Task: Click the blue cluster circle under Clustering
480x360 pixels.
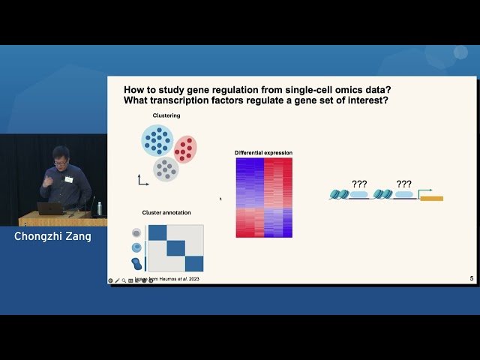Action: click(157, 140)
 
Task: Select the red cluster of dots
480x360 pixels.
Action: click(184, 148)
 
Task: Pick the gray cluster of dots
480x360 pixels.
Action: click(166, 169)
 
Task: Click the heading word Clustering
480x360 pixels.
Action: click(166, 115)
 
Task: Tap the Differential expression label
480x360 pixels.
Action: click(263, 153)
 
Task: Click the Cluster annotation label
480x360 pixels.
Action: click(164, 213)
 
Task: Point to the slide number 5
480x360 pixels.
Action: click(471, 279)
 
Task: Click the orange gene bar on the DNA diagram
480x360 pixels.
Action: click(431, 198)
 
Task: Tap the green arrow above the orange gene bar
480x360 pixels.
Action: click(424, 190)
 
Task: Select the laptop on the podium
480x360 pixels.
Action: click(50, 208)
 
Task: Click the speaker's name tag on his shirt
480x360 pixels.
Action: click(68, 179)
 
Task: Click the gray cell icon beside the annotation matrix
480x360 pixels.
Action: click(136, 233)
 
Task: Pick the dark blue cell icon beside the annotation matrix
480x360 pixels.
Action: click(136, 263)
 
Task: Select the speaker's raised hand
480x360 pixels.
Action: click(47, 180)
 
